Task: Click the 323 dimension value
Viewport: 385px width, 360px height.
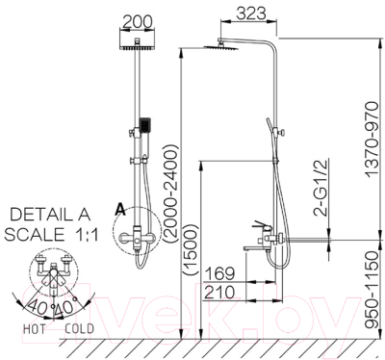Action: (251, 13)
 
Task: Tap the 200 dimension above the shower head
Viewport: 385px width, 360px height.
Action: (138, 22)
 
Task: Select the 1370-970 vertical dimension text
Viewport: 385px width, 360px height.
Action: (372, 140)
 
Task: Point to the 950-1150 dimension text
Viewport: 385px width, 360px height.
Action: (372, 290)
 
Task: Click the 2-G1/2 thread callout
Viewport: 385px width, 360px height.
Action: (320, 187)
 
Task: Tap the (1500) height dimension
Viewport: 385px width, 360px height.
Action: (189, 249)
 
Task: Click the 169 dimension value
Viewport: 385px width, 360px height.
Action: (219, 273)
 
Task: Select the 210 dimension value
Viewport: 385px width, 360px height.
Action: (219, 293)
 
